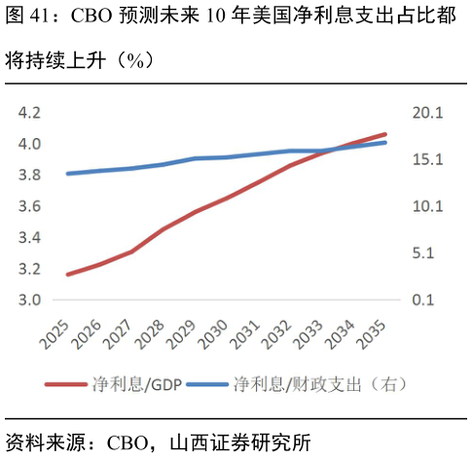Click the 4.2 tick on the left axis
point(28,113)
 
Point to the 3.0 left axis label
point(28,299)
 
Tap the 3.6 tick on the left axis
point(28,206)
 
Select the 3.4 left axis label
point(28,237)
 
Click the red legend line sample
point(67,384)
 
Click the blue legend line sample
point(207,384)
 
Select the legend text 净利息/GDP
point(136,384)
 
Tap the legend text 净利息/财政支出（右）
point(319,384)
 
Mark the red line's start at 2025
point(67,274)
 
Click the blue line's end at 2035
point(385,142)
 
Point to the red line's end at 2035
point(385,134)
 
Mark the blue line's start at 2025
point(67,174)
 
